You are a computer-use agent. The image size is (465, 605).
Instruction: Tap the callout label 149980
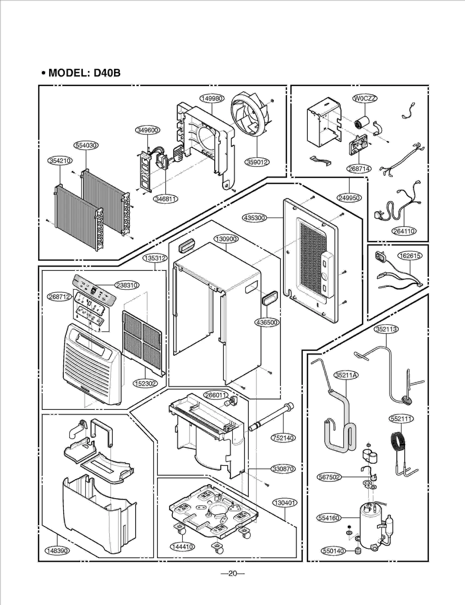pos(212,98)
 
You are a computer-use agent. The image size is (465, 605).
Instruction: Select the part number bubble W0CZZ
pos(365,98)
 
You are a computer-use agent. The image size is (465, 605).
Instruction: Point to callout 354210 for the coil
pos(60,161)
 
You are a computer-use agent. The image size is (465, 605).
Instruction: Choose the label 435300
pos(254,218)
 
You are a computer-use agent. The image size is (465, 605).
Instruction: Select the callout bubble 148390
pos(57,551)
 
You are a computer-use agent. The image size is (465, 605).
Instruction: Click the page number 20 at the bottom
pos(233,573)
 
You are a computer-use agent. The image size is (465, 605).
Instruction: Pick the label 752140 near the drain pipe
pos(283,438)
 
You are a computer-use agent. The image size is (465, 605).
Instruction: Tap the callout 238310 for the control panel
pos(127,285)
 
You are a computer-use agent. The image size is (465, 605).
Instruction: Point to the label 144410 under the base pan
pos(182,547)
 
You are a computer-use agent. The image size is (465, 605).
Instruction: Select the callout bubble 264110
pos(404,231)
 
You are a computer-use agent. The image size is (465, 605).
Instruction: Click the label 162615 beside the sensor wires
pos(410,256)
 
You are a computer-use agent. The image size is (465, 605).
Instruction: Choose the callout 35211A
pos(346,375)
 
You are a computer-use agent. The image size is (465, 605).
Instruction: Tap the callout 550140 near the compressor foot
pos(333,551)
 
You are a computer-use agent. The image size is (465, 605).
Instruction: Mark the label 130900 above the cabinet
pos(226,239)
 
